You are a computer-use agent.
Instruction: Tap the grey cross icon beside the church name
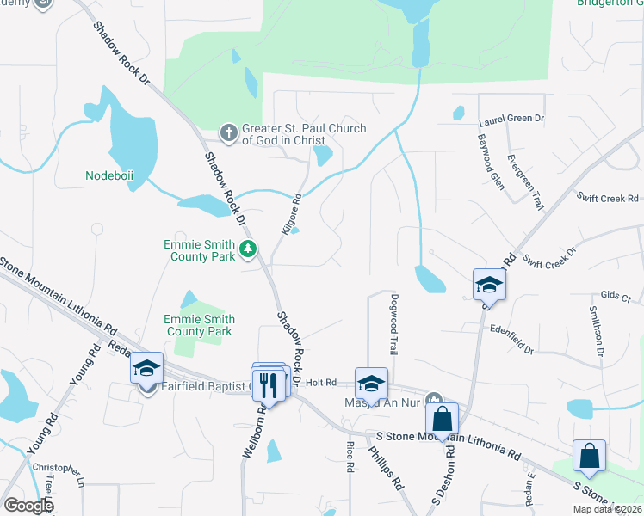(x=228, y=132)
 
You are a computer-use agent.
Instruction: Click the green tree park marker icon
(x=249, y=249)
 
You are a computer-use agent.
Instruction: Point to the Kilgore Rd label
(x=291, y=214)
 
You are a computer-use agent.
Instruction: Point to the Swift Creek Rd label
(x=606, y=199)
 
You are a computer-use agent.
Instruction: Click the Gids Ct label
(x=616, y=295)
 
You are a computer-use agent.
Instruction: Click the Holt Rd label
(x=319, y=382)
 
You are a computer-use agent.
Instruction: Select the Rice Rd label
(x=350, y=456)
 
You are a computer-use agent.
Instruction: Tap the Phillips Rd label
(x=386, y=467)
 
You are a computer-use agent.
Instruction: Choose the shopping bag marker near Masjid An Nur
(x=442, y=419)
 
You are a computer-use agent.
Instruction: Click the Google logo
(x=28, y=506)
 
